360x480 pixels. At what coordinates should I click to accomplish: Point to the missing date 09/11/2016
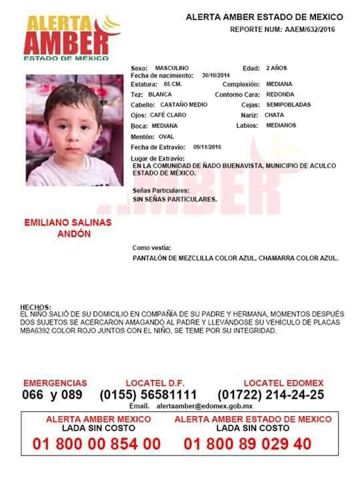click(x=207, y=146)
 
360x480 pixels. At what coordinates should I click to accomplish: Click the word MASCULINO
click(x=172, y=68)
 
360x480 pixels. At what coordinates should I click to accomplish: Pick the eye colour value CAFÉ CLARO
click(x=169, y=115)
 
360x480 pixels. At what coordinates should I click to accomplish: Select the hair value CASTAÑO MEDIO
click(x=181, y=105)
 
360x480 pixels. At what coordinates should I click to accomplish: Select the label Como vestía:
click(x=152, y=247)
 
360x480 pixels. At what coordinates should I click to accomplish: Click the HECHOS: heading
click(x=36, y=307)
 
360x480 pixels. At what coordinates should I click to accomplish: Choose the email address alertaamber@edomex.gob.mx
click(x=204, y=406)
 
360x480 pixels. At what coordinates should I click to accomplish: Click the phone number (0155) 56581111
click(x=148, y=395)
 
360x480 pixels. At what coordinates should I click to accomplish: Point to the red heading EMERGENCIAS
click(x=55, y=383)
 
